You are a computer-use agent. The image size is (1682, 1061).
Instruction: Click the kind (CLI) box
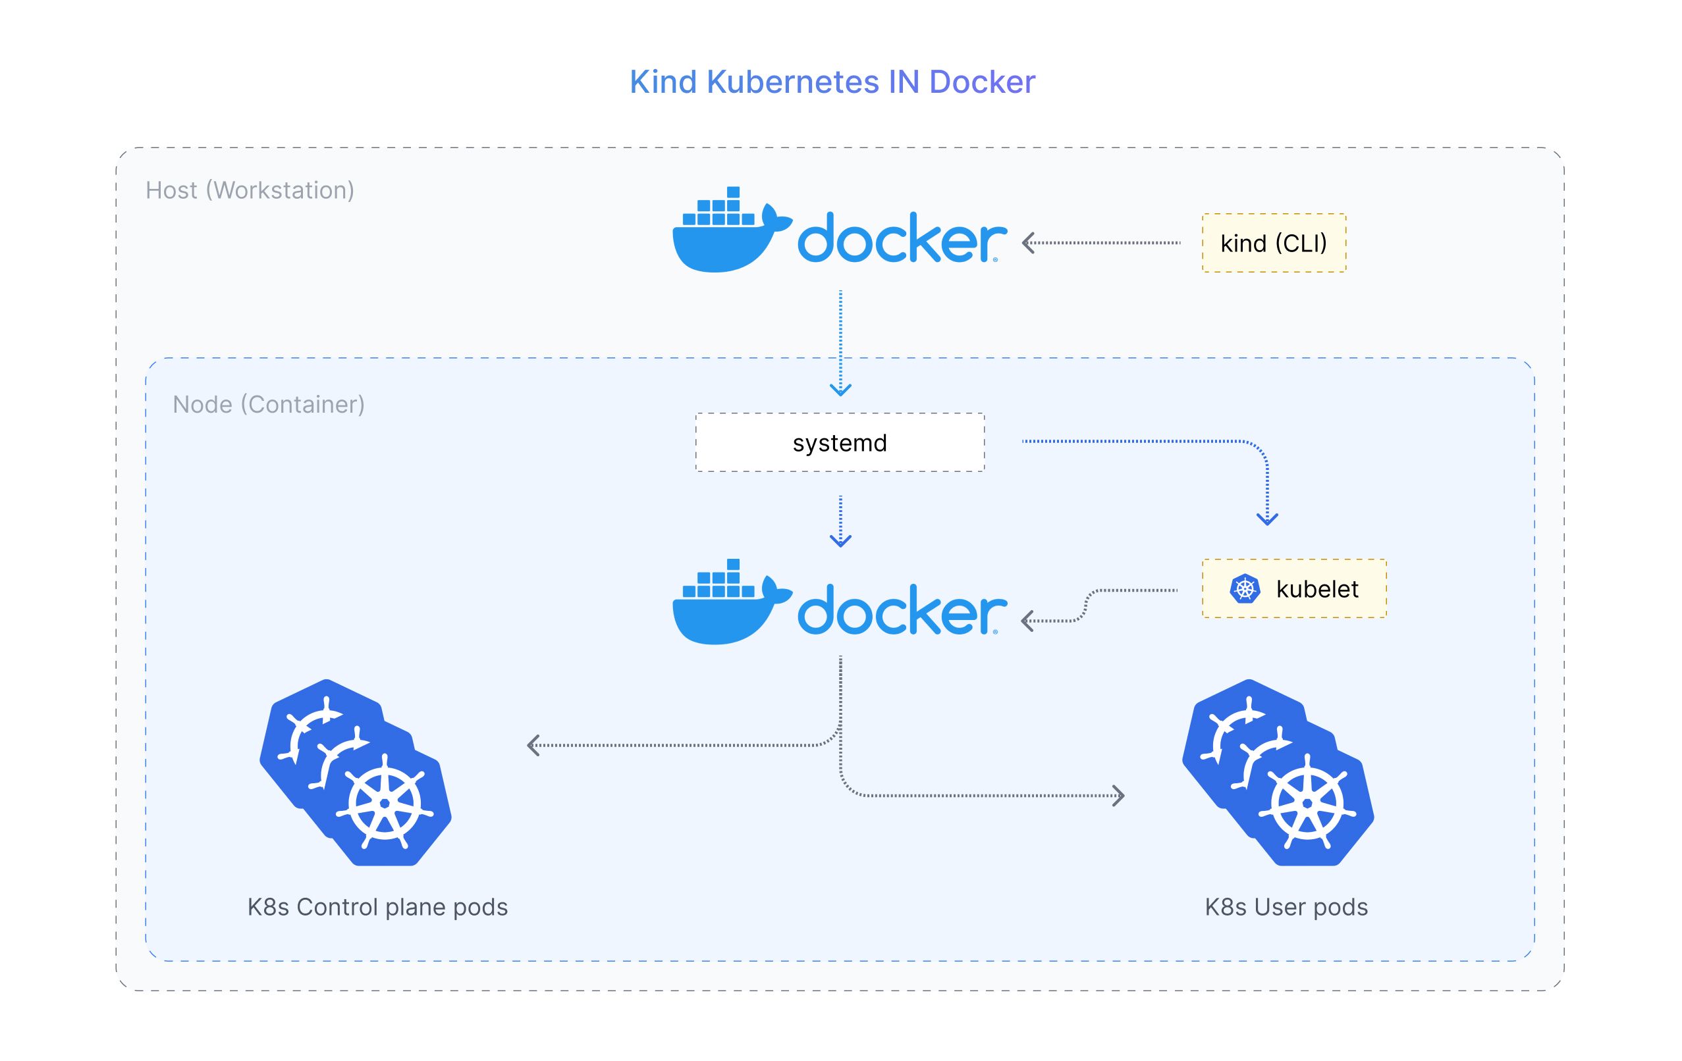pos(1274,243)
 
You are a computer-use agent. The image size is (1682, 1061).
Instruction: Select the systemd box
pos(840,442)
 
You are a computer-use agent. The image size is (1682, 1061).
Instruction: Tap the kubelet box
pos(1293,588)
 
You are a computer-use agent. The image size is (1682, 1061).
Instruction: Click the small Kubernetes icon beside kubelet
pos(1244,588)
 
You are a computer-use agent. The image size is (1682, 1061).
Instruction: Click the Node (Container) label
pos(268,404)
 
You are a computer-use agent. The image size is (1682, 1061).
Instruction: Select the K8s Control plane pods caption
pos(377,907)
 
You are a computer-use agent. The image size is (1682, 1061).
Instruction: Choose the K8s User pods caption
pos(1286,907)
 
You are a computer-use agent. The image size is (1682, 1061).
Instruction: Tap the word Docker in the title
pos(982,82)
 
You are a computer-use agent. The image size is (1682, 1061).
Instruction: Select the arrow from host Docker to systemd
pos(840,342)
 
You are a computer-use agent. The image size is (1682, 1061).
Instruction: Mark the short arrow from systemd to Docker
pos(840,521)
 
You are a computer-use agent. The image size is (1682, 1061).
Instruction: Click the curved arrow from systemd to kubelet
pos(1187,442)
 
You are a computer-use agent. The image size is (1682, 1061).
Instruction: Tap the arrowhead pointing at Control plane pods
pos(533,746)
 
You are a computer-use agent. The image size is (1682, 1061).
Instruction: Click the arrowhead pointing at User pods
pos(1118,796)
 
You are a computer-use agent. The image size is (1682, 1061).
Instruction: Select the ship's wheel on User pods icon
pos(1307,804)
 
